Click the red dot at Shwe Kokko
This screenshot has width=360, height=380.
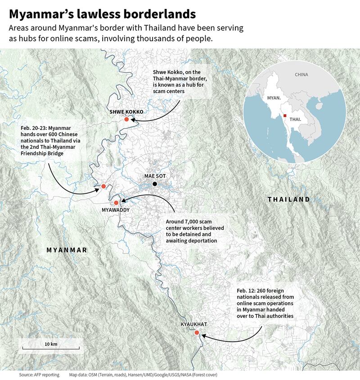(x=127, y=119)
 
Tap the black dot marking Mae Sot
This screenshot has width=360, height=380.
(x=155, y=184)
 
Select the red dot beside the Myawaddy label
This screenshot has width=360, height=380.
(x=116, y=203)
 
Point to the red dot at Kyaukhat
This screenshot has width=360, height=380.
(x=197, y=332)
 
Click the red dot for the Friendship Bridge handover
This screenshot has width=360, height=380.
(x=103, y=186)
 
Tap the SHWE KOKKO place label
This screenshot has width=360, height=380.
(x=126, y=112)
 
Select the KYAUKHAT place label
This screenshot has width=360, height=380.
(x=193, y=324)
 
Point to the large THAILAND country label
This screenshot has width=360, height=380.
(x=288, y=199)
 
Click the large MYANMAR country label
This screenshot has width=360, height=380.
(x=67, y=250)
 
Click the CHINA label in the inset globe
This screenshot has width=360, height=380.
(x=301, y=75)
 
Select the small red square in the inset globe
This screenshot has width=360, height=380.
(x=285, y=116)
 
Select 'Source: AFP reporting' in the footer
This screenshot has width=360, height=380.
(x=39, y=374)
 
